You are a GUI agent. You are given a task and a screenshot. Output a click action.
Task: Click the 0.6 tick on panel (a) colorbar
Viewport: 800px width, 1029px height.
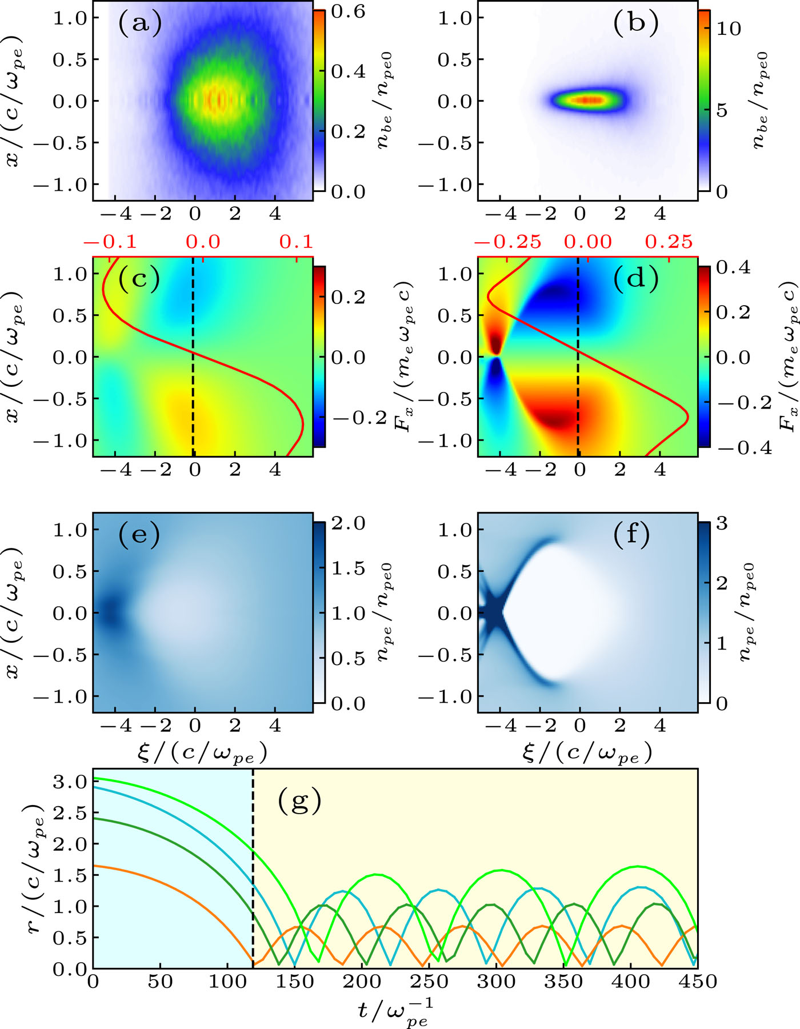[x=349, y=11]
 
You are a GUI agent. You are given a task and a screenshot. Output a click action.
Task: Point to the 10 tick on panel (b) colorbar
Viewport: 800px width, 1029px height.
[x=729, y=29]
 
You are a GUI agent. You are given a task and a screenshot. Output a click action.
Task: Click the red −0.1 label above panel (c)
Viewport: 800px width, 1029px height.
[x=110, y=242]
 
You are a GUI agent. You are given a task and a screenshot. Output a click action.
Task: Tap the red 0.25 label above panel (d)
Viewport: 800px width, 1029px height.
[x=669, y=242]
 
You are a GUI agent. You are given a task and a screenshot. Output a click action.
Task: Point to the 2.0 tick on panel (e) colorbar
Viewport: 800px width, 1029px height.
[x=349, y=523]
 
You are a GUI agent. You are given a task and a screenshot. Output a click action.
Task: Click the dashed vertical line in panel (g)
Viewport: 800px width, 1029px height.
[x=253, y=868]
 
